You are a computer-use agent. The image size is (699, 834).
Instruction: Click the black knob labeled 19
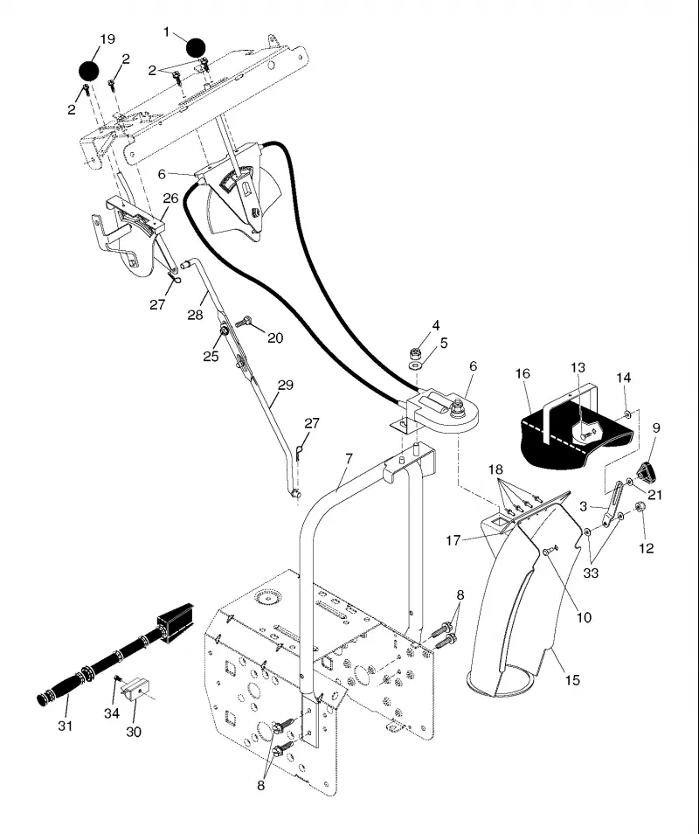[89, 71]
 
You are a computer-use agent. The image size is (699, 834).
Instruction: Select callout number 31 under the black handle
[65, 726]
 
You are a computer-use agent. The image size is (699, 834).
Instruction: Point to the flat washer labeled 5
[416, 366]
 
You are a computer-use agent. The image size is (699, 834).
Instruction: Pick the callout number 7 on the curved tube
[349, 458]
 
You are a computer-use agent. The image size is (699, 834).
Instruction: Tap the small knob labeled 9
[647, 470]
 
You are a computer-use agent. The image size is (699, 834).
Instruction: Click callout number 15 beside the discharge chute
[572, 680]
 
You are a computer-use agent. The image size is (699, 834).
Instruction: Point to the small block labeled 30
[136, 690]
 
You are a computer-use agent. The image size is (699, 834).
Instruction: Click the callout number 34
[112, 713]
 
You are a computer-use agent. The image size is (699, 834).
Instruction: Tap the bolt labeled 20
[244, 321]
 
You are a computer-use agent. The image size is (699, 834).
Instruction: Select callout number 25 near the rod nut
[211, 356]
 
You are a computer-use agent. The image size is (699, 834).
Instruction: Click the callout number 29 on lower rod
[286, 385]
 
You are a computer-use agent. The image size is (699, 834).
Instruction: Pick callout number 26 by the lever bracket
[170, 198]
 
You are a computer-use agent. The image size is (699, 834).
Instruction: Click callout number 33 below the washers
[591, 573]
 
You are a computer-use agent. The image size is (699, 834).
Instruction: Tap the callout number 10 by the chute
[584, 617]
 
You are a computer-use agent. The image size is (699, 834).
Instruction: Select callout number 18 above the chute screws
[495, 469]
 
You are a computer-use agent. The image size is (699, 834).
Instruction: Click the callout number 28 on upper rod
[195, 315]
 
